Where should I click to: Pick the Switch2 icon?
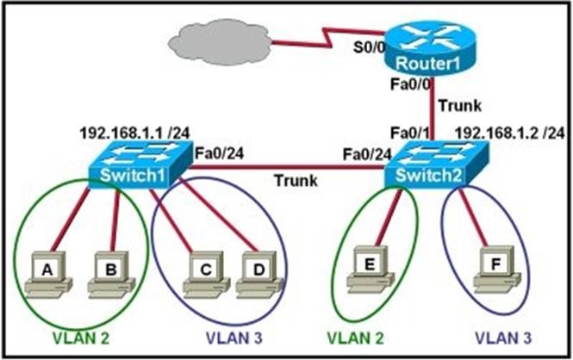(x=437, y=165)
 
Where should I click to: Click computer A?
(x=47, y=274)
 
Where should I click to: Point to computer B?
(x=111, y=274)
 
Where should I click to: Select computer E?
(x=370, y=269)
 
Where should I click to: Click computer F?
(x=497, y=269)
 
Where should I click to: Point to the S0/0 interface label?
(x=369, y=47)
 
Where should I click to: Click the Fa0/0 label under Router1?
(x=410, y=84)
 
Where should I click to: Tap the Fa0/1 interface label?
(x=410, y=133)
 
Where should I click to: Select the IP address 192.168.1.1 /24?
(x=134, y=133)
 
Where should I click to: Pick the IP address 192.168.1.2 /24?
(x=509, y=133)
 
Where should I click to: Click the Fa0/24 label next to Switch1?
(x=219, y=153)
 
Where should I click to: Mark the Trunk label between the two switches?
(x=296, y=180)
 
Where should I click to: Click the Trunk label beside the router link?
(x=460, y=106)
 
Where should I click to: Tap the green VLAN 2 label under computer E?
(x=355, y=338)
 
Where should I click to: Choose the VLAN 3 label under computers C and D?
(x=234, y=338)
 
